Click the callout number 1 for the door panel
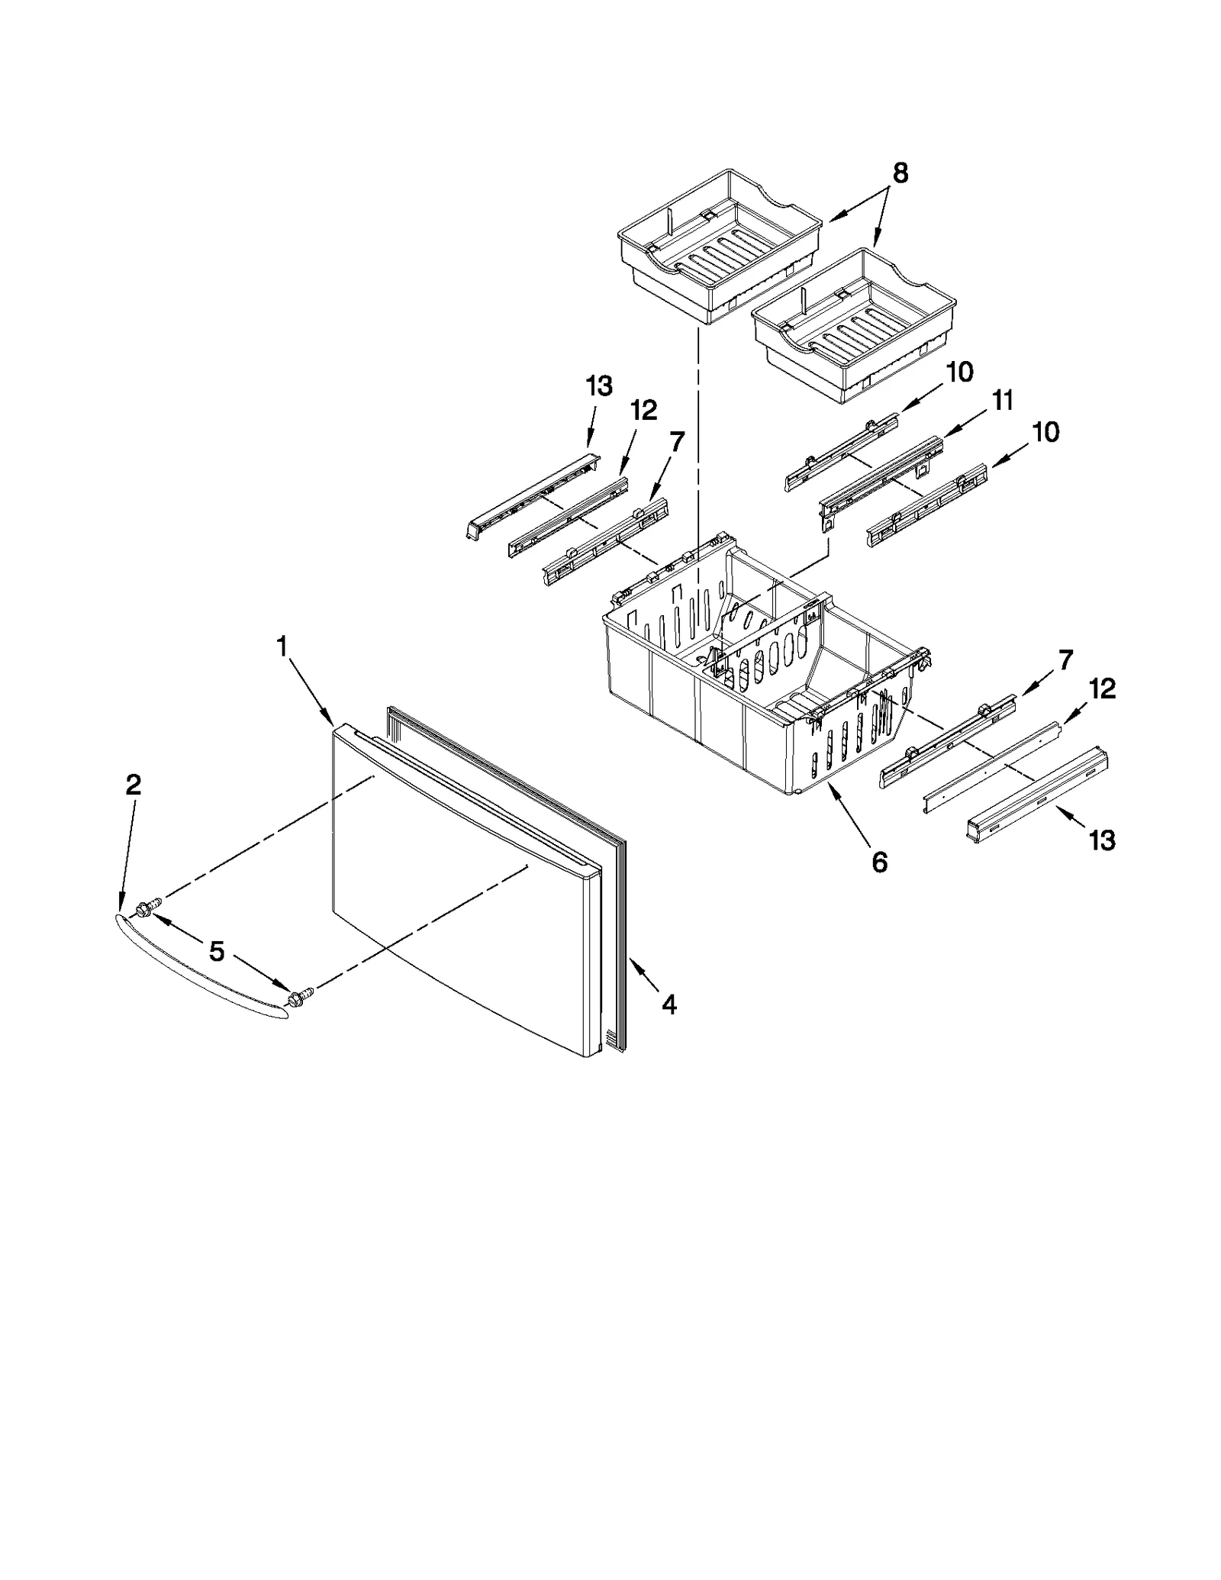tap(282, 647)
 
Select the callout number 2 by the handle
tap(133, 785)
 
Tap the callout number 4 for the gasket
tap(668, 1005)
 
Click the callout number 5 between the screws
tap(217, 951)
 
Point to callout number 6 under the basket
tap(879, 863)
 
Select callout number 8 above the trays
tap(900, 174)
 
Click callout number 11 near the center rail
tap(1002, 400)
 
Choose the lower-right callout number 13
tap(1102, 840)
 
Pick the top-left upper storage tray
tap(717, 244)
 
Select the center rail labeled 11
tap(878, 482)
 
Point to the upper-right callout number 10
tap(959, 372)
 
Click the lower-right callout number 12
tap(1102, 688)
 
